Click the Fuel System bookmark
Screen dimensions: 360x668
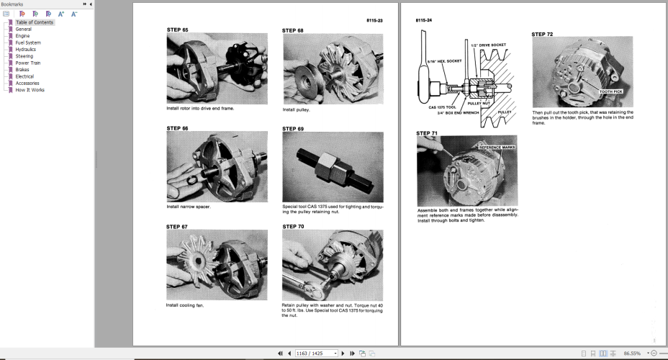coord(28,42)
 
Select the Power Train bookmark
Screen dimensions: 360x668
coord(28,63)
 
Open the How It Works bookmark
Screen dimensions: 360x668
coord(30,90)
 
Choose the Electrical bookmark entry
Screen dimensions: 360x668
coord(24,76)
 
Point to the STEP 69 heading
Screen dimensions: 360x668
coord(293,128)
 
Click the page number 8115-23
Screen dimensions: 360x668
coord(374,21)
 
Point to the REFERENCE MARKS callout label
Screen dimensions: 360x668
coord(497,147)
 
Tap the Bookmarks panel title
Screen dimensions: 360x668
coord(12,4)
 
